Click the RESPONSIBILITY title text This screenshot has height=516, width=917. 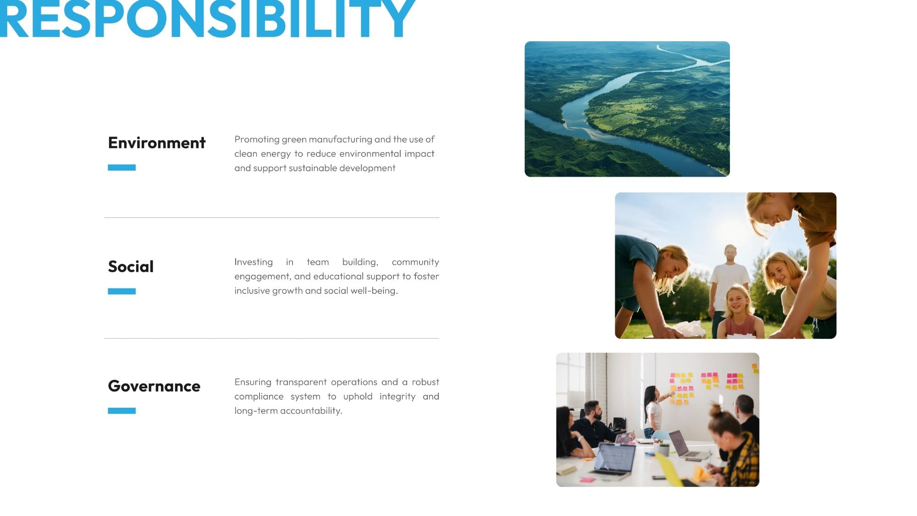click(207, 18)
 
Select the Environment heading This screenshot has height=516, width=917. click(157, 143)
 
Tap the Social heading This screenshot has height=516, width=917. click(131, 266)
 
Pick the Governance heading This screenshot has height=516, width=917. click(154, 386)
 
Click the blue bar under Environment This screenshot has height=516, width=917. click(122, 167)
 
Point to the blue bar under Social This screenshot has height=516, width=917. click(122, 291)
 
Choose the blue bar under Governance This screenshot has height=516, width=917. click(122, 411)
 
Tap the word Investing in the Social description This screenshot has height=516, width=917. click(254, 262)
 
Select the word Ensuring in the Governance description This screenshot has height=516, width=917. click(253, 382)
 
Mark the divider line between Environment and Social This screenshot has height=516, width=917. click(272, 217)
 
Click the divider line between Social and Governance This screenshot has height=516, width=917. click(272, 338)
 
